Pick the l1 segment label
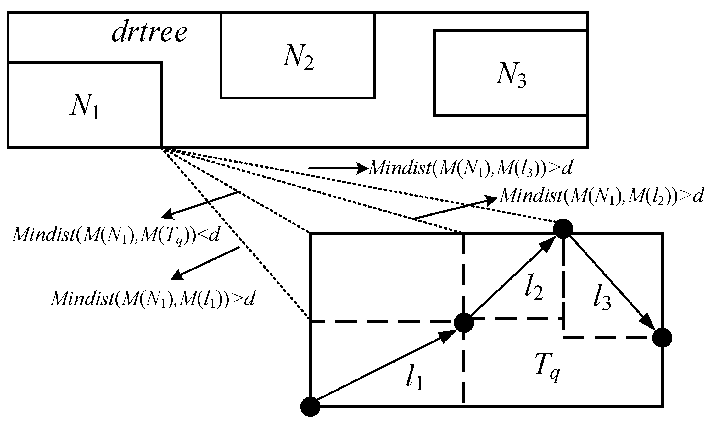(413, 379)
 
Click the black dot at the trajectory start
(310, 407)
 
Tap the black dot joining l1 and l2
(464, 323)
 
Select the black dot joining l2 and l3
(563, 229)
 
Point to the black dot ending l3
(662, 338)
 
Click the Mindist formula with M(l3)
(470, 169)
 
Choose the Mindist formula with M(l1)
(153, 299)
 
